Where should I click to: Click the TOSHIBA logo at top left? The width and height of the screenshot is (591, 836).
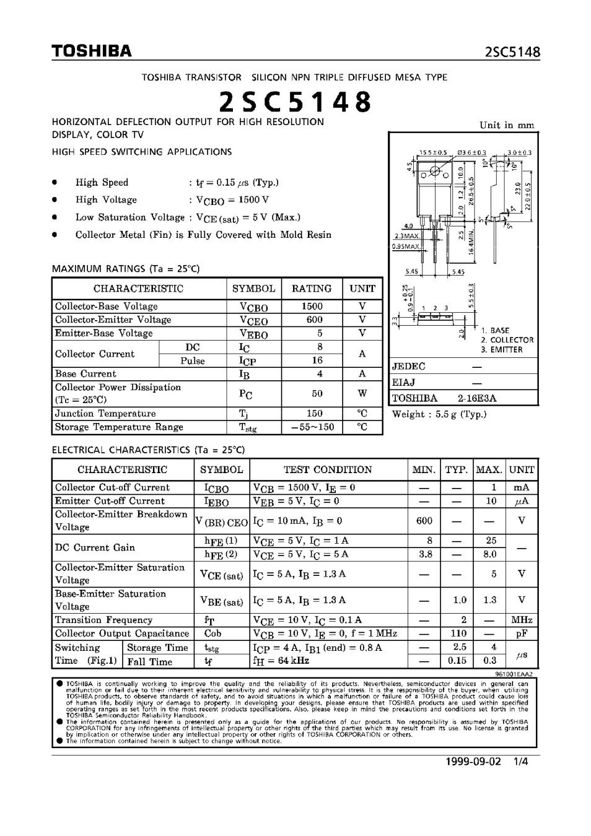pos(92,51)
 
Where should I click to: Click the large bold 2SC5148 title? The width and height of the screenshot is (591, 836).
pos(295,102)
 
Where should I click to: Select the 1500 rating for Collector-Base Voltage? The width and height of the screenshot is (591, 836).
pos(312,306)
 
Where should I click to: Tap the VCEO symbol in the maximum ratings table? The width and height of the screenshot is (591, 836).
pos(253,320)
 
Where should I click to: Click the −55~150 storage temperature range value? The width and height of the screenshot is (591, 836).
pos(312,427)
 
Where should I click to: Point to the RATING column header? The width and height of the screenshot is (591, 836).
pos(312,289)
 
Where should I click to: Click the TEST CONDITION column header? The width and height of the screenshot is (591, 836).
pos(328,469)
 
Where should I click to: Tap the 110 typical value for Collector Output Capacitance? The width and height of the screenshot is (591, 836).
pos(458,634)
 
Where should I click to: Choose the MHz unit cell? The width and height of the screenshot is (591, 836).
pos(522,620)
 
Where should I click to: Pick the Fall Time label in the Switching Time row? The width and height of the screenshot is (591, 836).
pos(150,661)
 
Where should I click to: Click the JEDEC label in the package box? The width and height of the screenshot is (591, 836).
pos(409,367)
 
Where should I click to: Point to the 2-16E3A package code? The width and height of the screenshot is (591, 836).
pos(477,398)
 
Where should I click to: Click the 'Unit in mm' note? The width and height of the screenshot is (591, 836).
pos(506,125)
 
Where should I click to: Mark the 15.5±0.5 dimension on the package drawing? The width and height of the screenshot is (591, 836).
pos(432,152)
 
